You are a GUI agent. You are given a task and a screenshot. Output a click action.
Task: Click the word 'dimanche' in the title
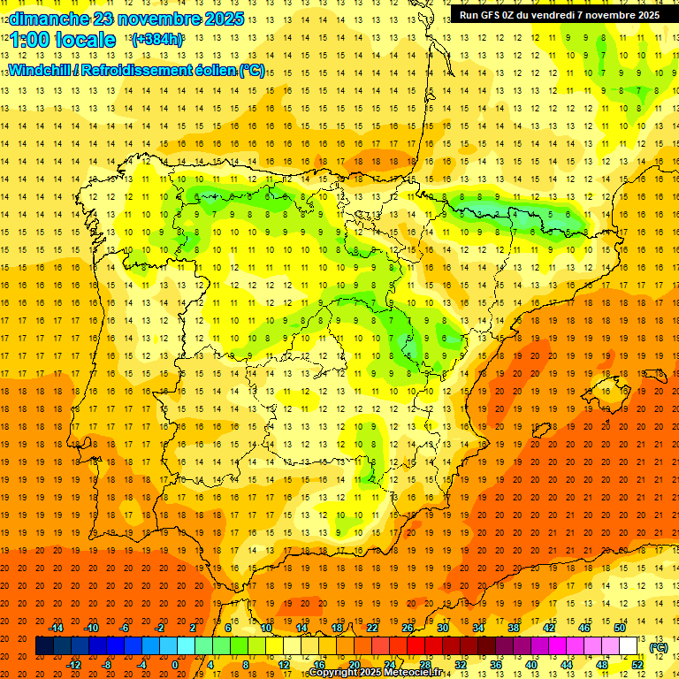coord(50,19)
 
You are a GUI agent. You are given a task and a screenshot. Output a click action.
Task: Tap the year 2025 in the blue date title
coord(221,19)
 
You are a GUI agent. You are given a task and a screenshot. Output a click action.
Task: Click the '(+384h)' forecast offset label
coord(156,40)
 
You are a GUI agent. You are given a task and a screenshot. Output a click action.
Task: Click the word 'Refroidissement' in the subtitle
coord(142,70)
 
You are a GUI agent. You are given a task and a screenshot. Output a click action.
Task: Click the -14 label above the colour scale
coord(56,628)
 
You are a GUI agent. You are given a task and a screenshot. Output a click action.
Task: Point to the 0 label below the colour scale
coord(175,665)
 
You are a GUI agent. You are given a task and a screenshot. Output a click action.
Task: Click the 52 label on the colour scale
coord(637,665)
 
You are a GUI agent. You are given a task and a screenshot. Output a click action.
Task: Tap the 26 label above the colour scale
coord(408,628)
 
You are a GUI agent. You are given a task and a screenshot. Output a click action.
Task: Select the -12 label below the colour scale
coord(73,665)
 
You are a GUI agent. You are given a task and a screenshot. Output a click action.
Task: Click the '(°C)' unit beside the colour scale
coord(659,647)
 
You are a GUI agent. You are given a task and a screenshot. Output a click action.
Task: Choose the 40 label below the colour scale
coord(530,665)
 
